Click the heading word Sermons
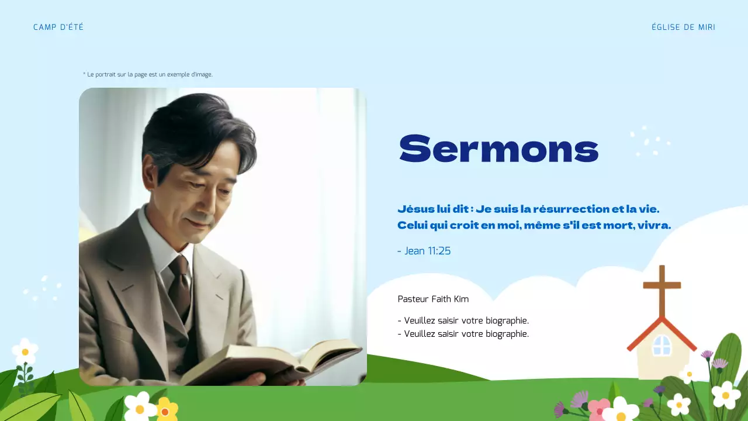click(498, 149)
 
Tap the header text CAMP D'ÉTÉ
click(58, 27)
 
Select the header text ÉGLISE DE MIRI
click(683, 27)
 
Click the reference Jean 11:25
click(424, 251)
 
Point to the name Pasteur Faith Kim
click(433, 299)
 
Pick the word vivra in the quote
click(654, 225)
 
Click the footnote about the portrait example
click(148, 75)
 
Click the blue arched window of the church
click(662, 346)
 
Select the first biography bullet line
click(463, 321)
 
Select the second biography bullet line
click(463, 334)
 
